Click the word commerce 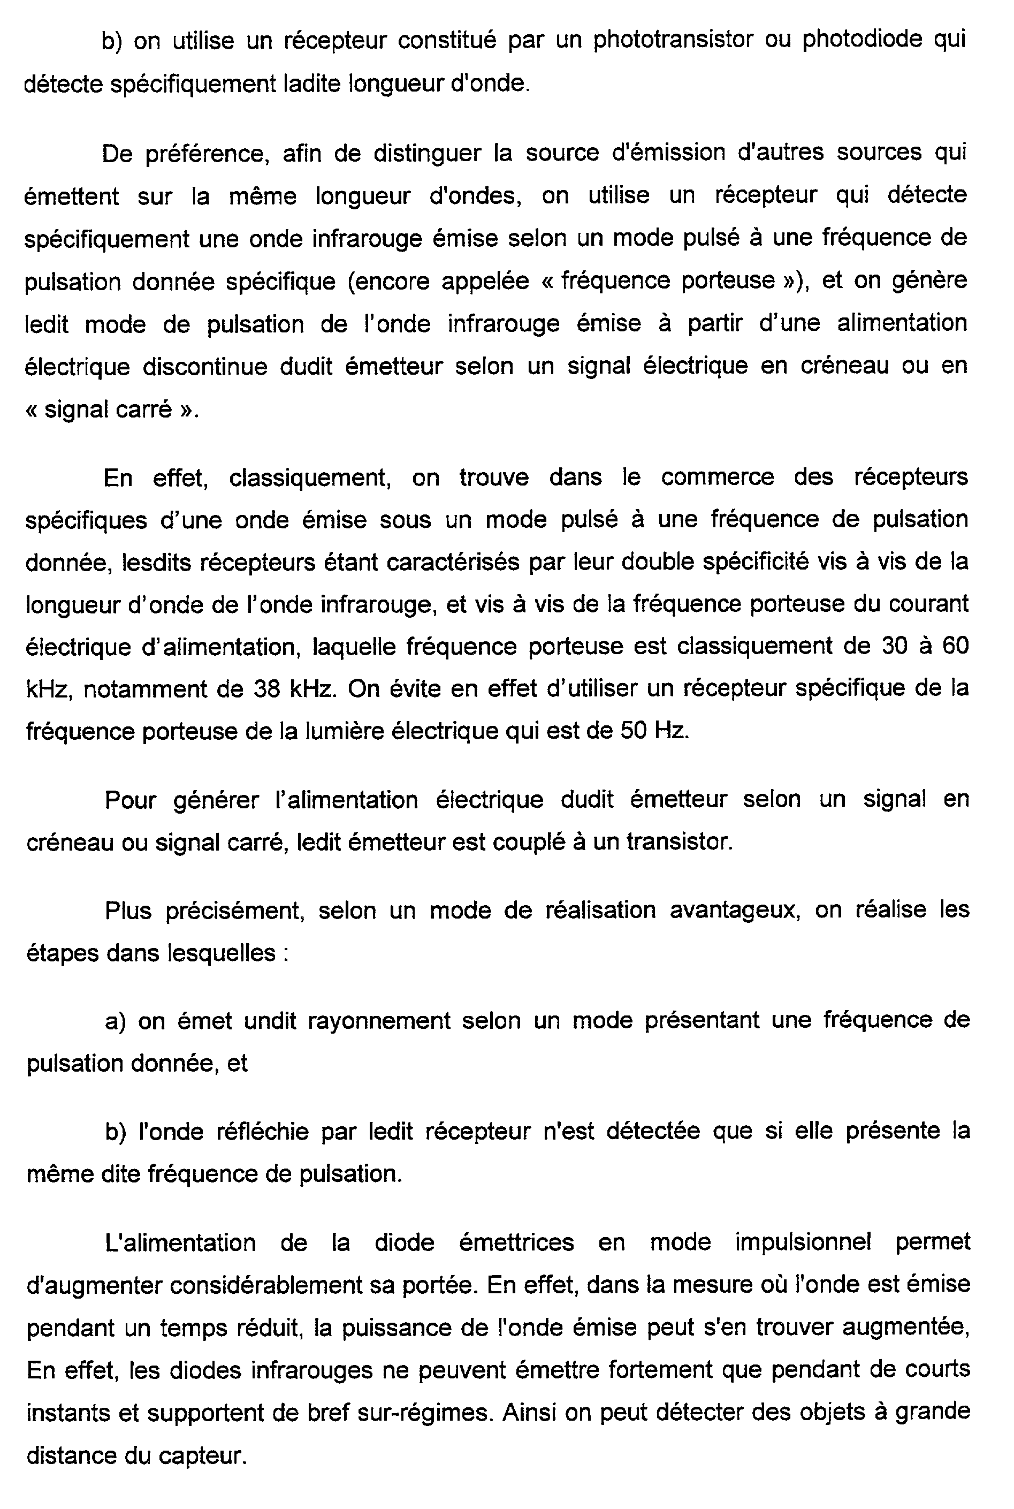pyautogui.click(x=717, y=477)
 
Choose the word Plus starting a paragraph pyautogui.click(x=127, y=911)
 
